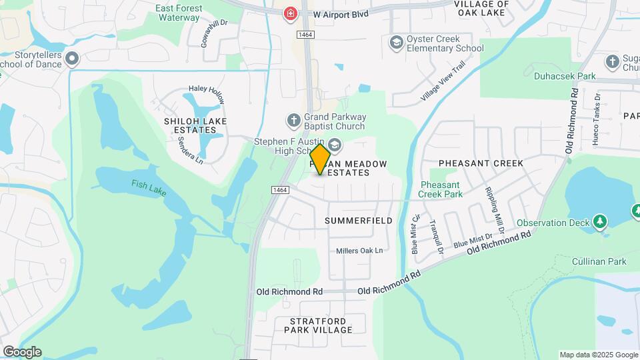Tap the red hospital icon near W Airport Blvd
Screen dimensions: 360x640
coord(290,13)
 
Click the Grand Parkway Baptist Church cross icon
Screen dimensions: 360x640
coord(293,121)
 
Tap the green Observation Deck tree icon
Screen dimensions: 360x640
coord(600,221)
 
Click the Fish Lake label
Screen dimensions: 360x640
coord(149,188)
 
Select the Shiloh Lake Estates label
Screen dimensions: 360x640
coord(195,125)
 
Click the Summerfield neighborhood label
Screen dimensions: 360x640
coord(358,220)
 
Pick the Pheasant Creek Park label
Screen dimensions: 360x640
coord(440,189)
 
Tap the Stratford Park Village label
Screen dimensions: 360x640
coord(318,325)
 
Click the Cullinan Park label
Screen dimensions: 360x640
coord(599,261)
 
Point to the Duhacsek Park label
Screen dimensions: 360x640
coord(565,77)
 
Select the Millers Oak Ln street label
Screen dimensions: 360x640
coord(360,251)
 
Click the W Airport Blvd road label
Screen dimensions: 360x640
coord(340,13)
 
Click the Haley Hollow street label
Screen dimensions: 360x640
coord(207,89)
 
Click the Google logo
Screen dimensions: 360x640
coord(22,352)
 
